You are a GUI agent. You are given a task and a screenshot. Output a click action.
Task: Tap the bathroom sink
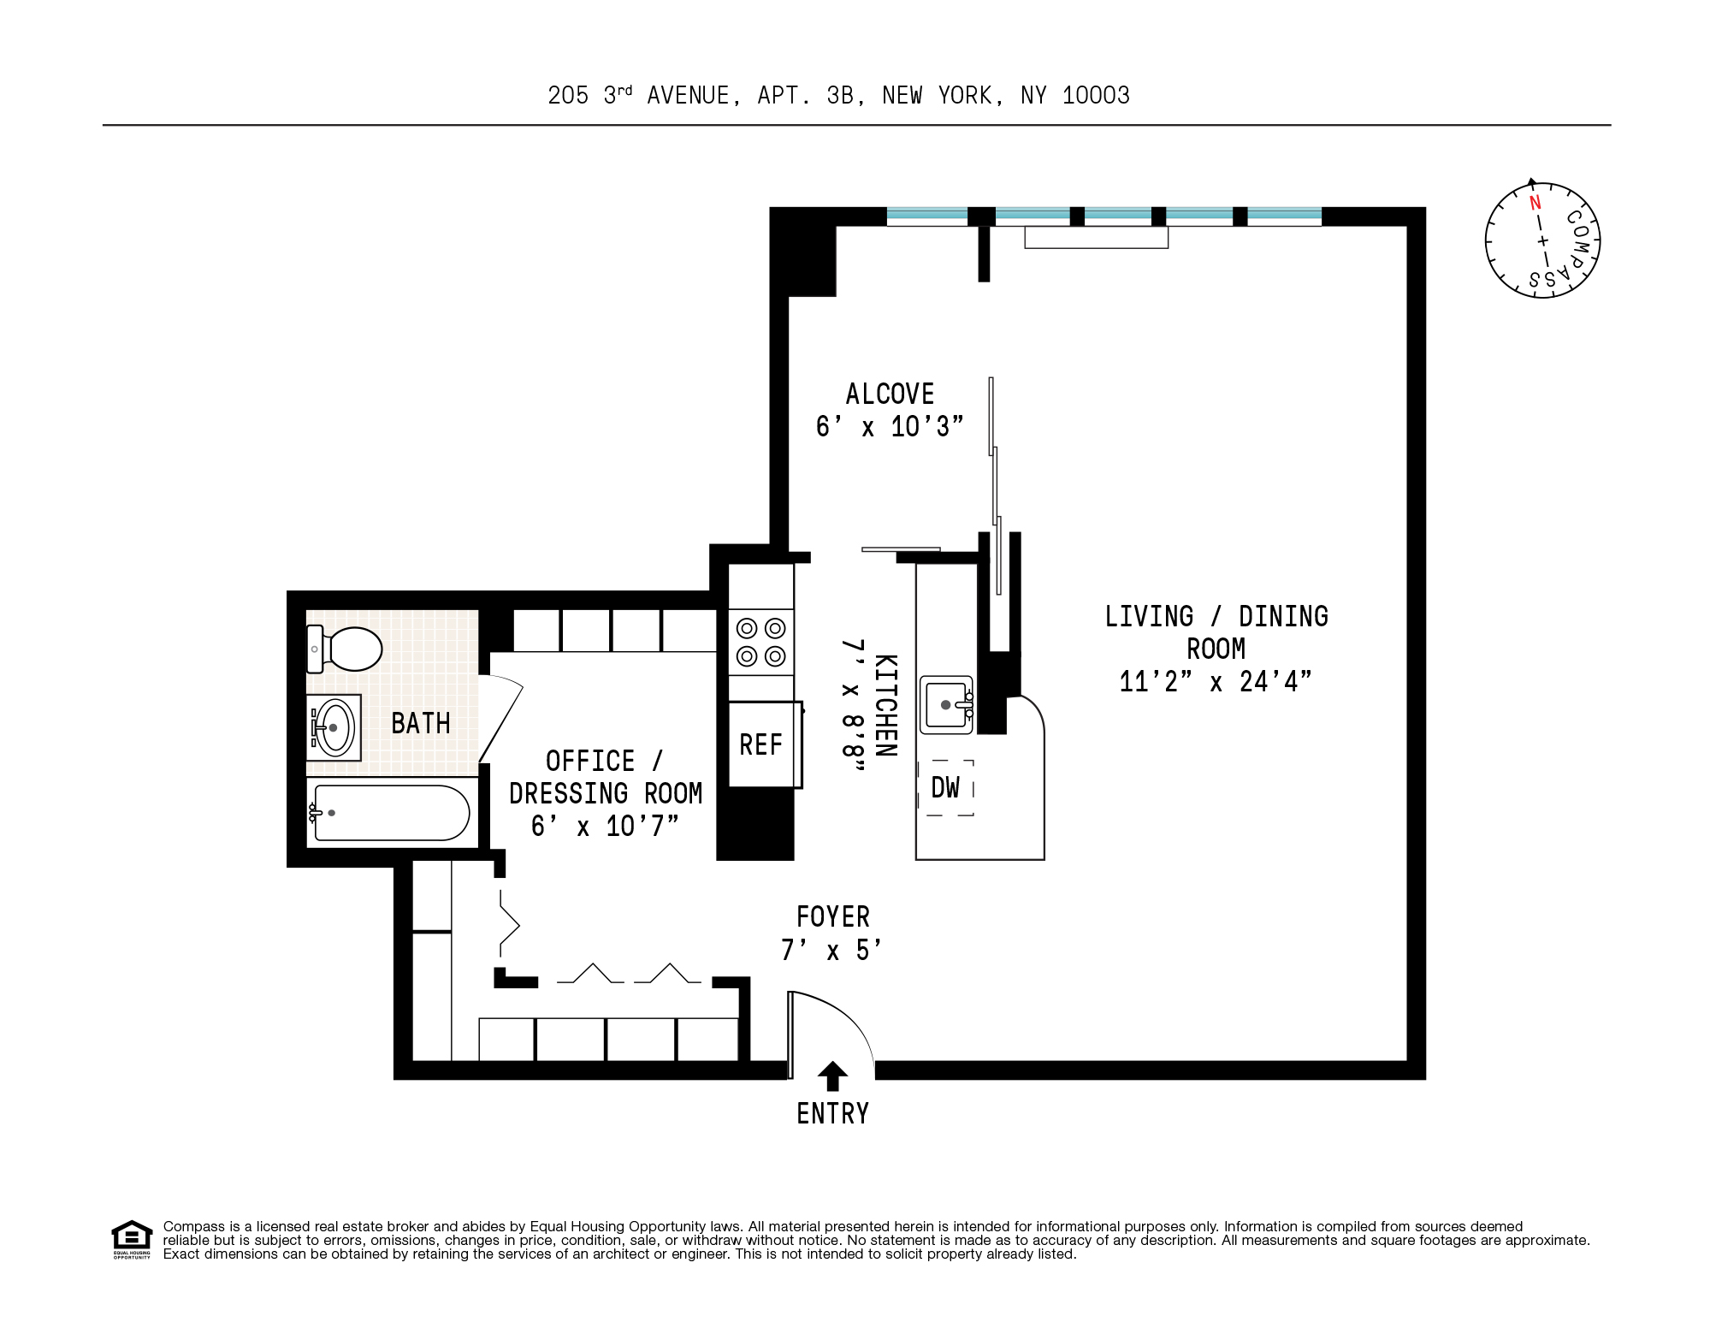[x=334, y=727]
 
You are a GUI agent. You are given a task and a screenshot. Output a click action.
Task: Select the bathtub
[x=390, y=813]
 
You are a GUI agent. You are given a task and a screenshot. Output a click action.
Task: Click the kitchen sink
[x=946, y=705]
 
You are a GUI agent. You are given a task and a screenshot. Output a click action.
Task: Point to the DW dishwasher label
[x=945, y=787]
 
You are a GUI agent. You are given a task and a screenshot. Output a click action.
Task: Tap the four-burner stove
[x=760, y=643]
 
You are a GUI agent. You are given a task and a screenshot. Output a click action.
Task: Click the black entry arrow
[x=832, y=1076]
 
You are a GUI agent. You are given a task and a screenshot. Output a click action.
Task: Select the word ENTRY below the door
[x=832, y=1113]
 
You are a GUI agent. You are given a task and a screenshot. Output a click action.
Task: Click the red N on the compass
[x=1535, y=203]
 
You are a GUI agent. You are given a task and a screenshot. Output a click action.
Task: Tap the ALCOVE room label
[x=890, y=394]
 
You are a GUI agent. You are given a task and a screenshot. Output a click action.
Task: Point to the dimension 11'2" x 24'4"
[x=1215, y=682]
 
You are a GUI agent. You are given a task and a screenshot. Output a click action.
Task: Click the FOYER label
[x=832, y=917]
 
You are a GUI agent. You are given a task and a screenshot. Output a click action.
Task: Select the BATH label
[x=421, y=724]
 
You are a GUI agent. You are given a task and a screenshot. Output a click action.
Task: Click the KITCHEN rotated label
[x=885, y=706]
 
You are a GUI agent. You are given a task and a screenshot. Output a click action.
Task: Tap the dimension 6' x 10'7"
[x=604, y=827]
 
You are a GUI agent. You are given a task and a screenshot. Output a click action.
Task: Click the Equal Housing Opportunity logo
[x=132, y=1239]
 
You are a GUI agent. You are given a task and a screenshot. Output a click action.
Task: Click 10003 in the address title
[x=1096, y=96]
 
